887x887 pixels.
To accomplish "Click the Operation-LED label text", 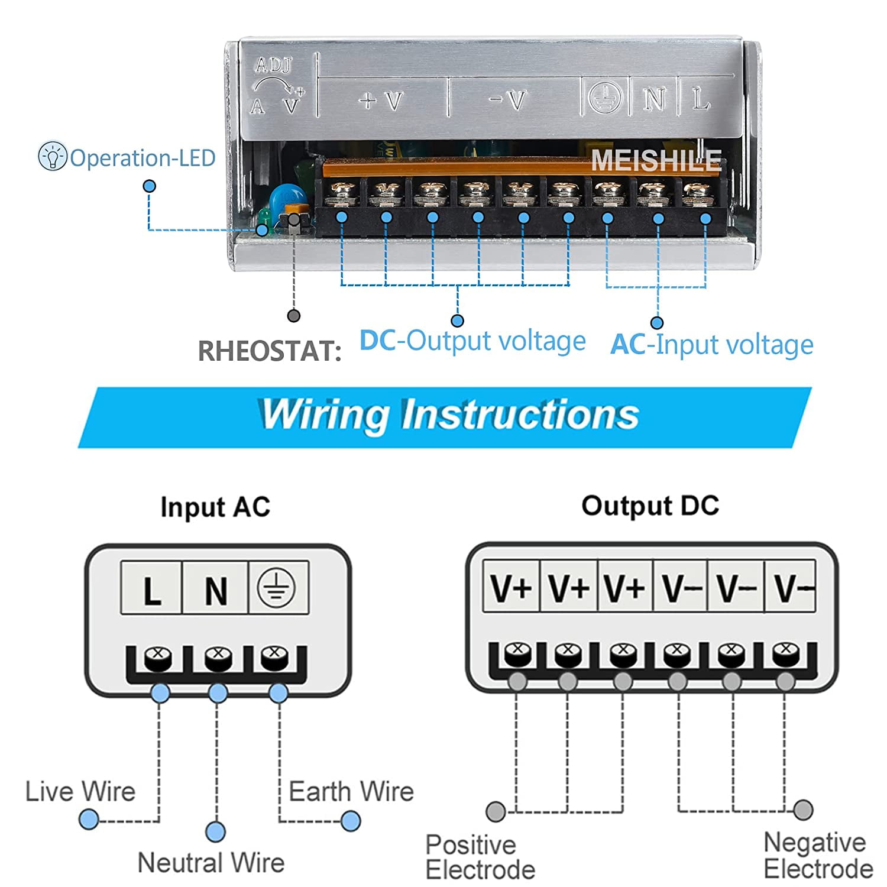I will click(x=143, y=158).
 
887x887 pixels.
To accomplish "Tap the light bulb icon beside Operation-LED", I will click(x=52, y=157).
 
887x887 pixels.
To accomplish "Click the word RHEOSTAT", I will click(x=269, y=351).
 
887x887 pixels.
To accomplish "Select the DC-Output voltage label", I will click(x=472, y=341).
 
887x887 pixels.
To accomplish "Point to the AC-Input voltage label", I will click(x=712, y=345).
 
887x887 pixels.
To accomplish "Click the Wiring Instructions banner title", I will click(x=449, y=415).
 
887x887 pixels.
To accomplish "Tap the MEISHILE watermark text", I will click(x=656, y=160).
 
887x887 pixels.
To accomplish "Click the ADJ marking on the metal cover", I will click(x=273, y=65).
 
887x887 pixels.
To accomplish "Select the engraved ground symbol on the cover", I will click(x=604, y=98).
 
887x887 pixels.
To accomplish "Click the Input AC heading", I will click(x=215, y=507).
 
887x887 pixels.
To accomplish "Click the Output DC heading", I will click(x=650, y=506).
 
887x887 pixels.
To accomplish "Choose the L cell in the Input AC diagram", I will click(x=152, y=589).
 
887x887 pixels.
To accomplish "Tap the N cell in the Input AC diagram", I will click(x=215, y=589).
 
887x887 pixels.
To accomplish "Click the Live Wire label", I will click(x=80, y=791).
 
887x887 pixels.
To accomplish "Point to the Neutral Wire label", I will click(x=211, y=863).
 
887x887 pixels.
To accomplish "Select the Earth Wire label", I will click(x=351, y=791).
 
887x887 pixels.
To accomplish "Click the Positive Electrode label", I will click(x=480, y=857).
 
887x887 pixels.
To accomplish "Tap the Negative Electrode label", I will click(x=818, y=856).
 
